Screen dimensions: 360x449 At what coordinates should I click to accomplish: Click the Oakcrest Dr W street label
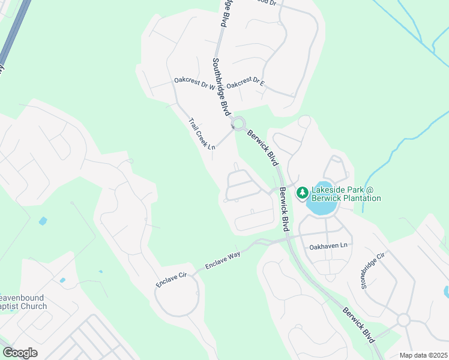pos(194,83)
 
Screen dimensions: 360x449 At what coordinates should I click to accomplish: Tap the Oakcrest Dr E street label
pos(246,81)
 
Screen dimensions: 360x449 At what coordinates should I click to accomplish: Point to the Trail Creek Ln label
pos(202,133)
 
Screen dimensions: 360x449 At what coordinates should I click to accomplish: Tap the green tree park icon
pos(302,193)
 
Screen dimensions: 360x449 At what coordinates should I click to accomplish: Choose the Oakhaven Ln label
pos(328,246)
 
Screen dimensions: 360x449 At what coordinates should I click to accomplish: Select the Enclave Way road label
pos(223,259)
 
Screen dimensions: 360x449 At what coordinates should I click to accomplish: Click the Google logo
pos(20,353)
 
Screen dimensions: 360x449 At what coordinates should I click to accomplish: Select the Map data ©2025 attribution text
pos(424,355)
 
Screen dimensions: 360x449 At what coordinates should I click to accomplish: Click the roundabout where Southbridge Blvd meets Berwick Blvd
pos(239,124)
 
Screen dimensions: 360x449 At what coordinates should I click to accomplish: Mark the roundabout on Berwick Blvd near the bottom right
pos(403,320)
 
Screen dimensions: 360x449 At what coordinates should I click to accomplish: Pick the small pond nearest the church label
pos(62,280)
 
